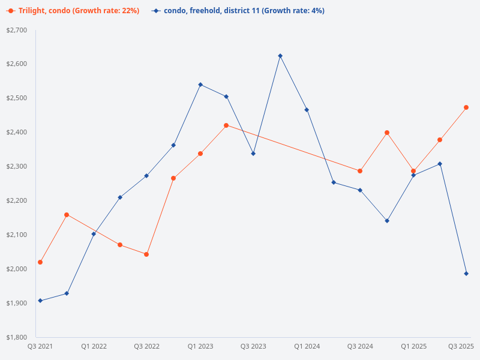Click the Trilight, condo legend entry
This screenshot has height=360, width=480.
point(73,11)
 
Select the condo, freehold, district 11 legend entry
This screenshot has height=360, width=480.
point(238,11)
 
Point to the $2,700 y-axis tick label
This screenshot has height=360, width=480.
point(17,29)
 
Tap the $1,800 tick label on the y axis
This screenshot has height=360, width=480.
point(17,337)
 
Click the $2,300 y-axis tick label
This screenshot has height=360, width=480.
point(17,166)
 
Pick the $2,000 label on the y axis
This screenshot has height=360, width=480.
point(17,269)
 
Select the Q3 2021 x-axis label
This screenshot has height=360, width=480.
point(40,347)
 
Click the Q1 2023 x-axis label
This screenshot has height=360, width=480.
point(200,347)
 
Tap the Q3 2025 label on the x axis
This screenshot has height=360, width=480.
point(461,347)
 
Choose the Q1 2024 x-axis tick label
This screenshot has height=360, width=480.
point(307,347)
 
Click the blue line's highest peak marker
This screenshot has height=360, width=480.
point(280,56)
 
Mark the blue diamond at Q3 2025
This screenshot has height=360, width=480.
point(466,274)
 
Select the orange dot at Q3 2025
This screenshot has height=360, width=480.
point(466,107)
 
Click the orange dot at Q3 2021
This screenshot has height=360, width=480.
point(40,262)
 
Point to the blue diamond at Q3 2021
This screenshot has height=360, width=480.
point(40,301)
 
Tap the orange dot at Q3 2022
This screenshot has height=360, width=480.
point(146,254)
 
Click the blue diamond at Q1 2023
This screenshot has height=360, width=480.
point(200,85)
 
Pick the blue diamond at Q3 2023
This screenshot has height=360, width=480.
point(253,154)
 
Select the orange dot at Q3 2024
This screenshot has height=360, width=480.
point(360,171)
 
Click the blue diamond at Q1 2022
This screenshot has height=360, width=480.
point(94,234)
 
